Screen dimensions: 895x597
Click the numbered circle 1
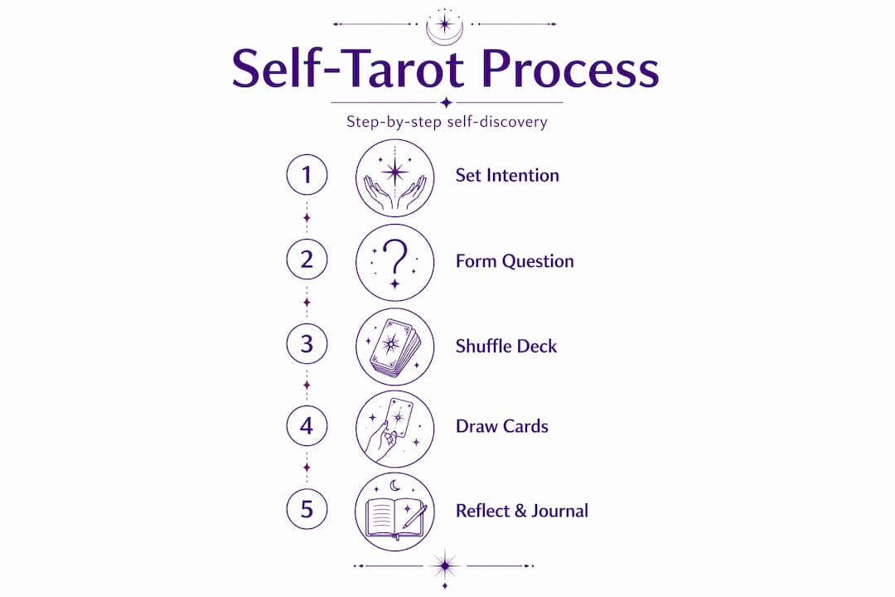tap(307, 174)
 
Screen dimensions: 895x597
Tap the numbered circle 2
tap(307, 260)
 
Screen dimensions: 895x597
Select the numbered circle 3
tap(307, 344)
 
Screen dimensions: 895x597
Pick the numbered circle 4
tap(307, 426)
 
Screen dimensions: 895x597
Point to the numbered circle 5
tap(307, 509)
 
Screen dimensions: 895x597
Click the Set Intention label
tap(507, 176)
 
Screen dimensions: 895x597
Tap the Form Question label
tap(515, 261)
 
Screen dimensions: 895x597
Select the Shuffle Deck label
tap(506, 347)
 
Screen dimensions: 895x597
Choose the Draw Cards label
tap(502, 426)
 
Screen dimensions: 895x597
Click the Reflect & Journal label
tap(522, 511)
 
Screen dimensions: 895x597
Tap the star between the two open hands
tap(395, 172)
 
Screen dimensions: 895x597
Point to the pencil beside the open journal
tap(414, 517)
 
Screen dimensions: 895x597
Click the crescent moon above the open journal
tap(395, 486)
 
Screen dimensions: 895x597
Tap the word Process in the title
tap(570, 70)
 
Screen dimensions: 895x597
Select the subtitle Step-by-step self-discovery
tap(447, 122)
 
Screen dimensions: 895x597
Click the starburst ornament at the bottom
tap(445, 566)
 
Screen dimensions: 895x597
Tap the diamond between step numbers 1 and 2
tap(307, 218)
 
